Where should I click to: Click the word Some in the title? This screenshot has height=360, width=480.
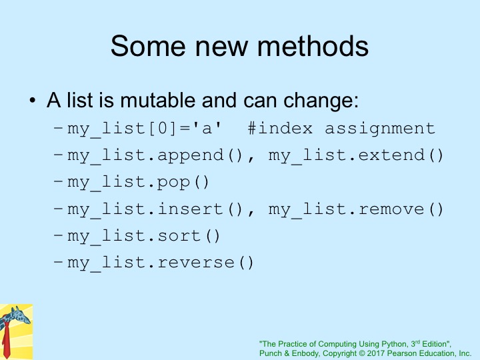coord(148,46)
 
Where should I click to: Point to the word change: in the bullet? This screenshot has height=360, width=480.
coord(321,101)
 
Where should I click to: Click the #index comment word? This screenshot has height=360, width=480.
coord(280,128)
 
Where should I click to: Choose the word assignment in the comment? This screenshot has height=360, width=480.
coord(379,129)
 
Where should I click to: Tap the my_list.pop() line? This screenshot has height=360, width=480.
coord(138,183)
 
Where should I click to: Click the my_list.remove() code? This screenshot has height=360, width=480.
coord(356,210)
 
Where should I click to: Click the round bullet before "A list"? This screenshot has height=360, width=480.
coord(33,101)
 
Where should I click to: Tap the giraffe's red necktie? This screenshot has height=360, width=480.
coord(6,340)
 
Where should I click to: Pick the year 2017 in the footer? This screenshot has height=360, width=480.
coord(375,353)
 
